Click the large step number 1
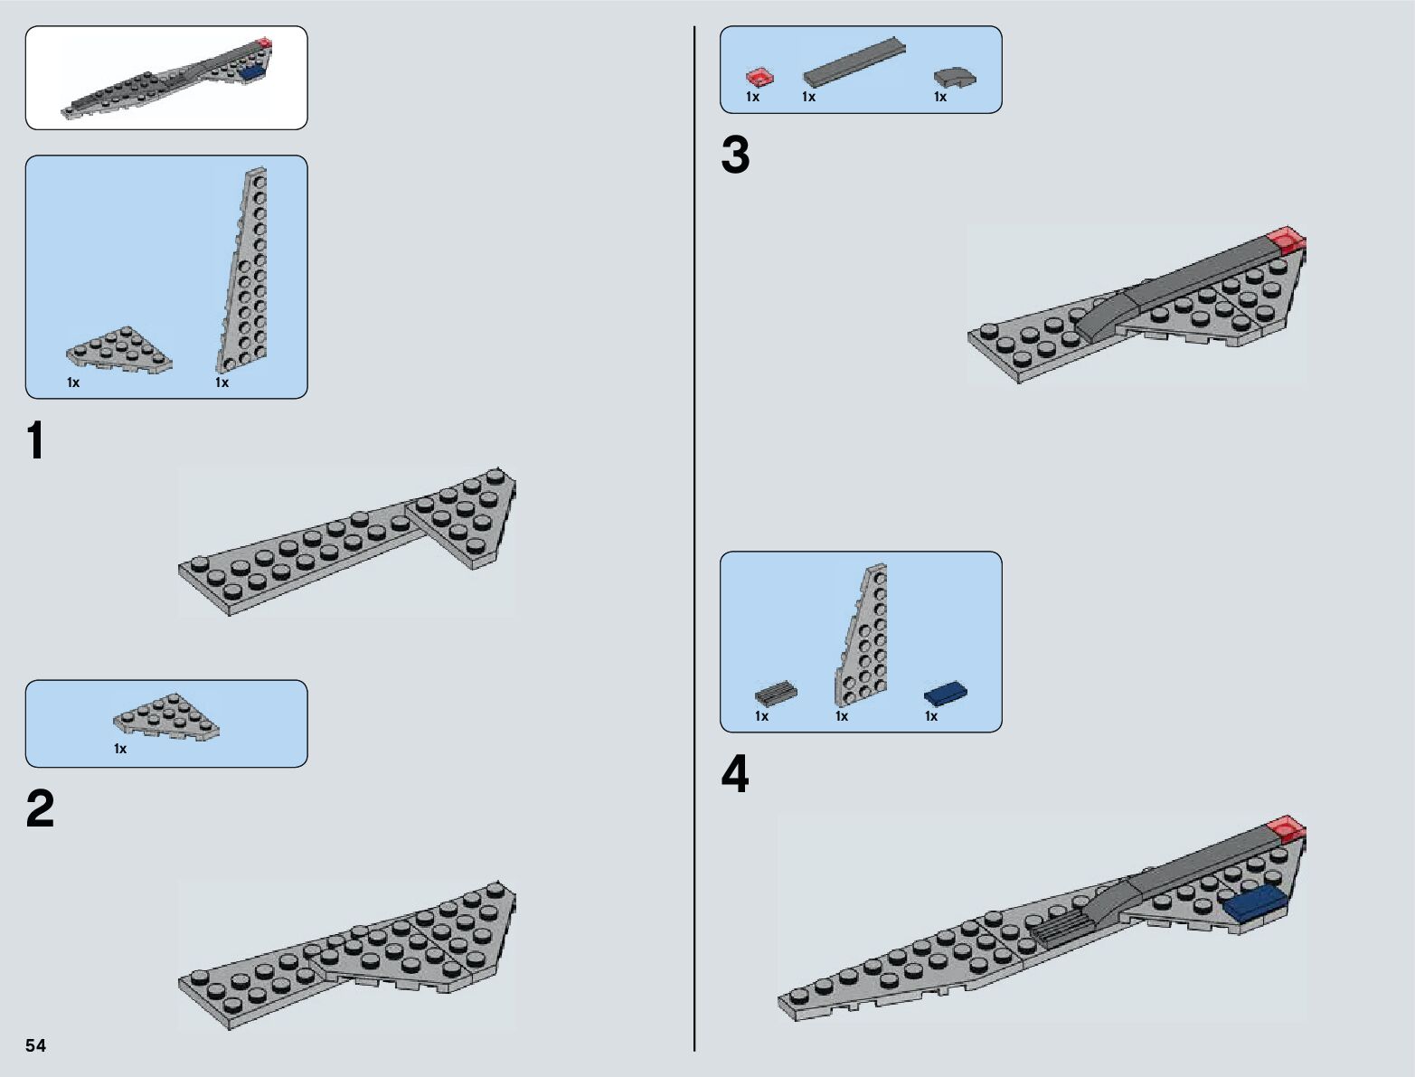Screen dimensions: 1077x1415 pyautogui.click(x=35, y=442)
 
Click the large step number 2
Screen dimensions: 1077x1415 pyautogui.click(x=41, y=809)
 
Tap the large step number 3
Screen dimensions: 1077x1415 pyautogui.click(x=735, y=156)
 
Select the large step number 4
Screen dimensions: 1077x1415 pyautogui.click(x=735, y=776)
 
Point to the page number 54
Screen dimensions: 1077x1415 pyautogui.click(x=36, y=1046)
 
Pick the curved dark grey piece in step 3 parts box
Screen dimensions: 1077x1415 pyautogui.click(x=956, y=79)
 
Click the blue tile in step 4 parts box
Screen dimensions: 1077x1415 pyautogui.click(x=946, y=694)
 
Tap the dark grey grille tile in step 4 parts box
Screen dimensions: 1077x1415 pyautogui.click(x=776, y=694)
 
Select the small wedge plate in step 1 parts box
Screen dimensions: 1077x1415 pyautogui.click(x=119, y=350)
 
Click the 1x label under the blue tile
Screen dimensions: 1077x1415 pyautogui.click(x=931, y=716)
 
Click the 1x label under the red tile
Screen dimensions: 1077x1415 pyautogui.click(x=752, y=97)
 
